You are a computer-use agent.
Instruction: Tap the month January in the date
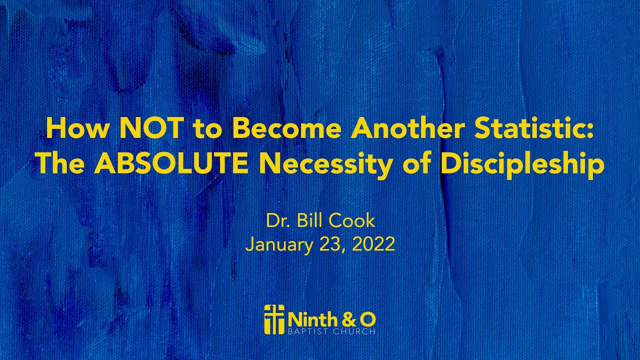276,244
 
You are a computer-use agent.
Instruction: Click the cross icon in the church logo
273,319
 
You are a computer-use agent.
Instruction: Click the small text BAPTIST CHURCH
331,331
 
